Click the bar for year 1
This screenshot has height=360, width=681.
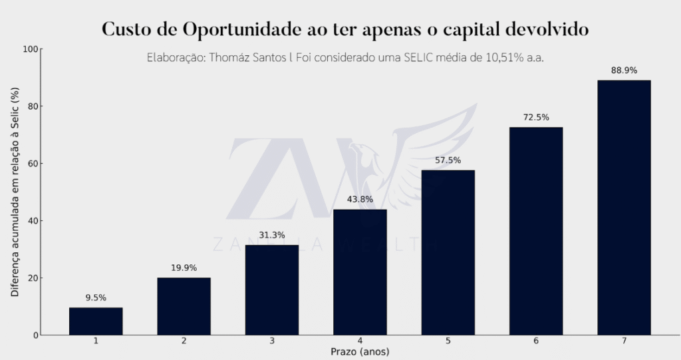coord(96,321)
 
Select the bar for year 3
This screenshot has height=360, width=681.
coord(272,289)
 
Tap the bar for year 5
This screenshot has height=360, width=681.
coord(448,252)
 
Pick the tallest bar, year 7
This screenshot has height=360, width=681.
coord(624,207)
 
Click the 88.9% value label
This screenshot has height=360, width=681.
coord(624,70)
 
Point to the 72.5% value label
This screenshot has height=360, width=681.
coord(536,117)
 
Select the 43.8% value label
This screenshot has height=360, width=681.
coord(360,199)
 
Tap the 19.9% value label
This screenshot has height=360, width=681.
coord(184,268)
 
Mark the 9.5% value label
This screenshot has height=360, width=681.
coord(96,297)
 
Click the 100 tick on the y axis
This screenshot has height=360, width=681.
coord(31,49)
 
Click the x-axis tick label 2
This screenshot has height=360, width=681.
coord(184,341)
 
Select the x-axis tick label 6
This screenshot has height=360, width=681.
coord(536,341)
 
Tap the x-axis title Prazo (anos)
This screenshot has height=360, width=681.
coord(360,351)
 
